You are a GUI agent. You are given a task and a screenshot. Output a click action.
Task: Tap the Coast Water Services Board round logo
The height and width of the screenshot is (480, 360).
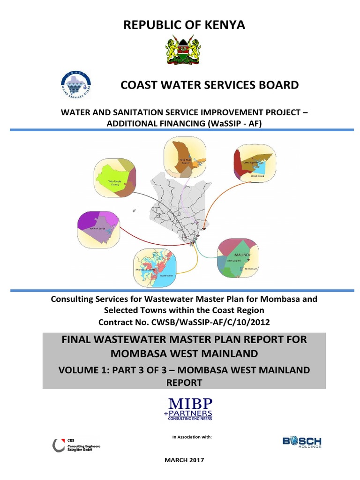click(x=76, y=85)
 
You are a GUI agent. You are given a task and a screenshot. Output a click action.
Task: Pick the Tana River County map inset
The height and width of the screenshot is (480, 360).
click(x=184, y=157)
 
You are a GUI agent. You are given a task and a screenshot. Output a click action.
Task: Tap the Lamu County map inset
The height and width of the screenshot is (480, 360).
click(x=254, y=163)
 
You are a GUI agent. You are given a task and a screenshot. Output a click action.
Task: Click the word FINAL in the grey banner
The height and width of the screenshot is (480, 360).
click(x=78, y=339)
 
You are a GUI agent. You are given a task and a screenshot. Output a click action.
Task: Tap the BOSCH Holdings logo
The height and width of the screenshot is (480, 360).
click(x=301, y=442)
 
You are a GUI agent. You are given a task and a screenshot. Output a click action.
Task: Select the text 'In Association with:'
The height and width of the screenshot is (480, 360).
click(x=192, y=437)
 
